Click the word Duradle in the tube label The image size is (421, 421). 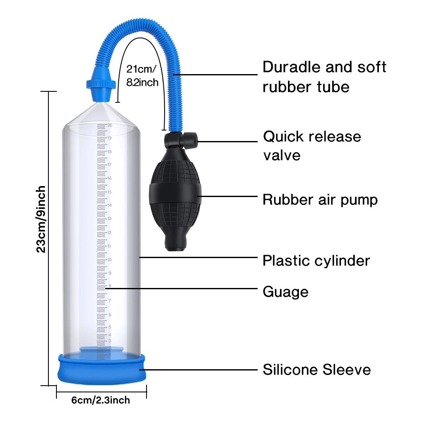291,67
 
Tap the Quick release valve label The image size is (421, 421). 312,146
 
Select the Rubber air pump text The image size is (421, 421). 320,200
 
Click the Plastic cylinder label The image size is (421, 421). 316,261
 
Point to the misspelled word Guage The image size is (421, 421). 285,292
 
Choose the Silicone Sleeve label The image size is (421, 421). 317,370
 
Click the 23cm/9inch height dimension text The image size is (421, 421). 41,219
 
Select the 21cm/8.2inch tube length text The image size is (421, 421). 142,75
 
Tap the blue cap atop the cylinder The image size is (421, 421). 101,82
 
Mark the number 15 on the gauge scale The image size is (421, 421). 109,192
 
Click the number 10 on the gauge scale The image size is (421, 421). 109,260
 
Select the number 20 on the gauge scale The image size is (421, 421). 109,125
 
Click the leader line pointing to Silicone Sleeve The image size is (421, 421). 202,370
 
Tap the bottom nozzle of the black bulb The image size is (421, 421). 173,244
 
